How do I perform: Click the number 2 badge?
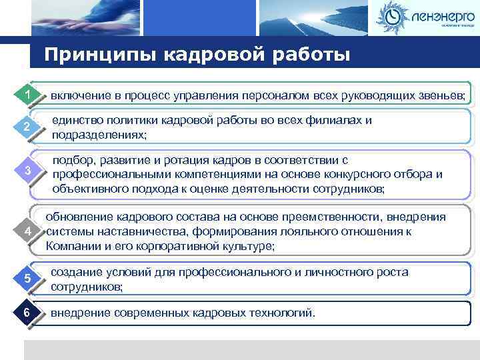click(27, 127)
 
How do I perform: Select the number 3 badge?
click(27, 171)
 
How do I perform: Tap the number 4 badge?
click(27, 231)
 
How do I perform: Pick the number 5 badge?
click(27, 278)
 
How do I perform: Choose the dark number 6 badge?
click(27, 313)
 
